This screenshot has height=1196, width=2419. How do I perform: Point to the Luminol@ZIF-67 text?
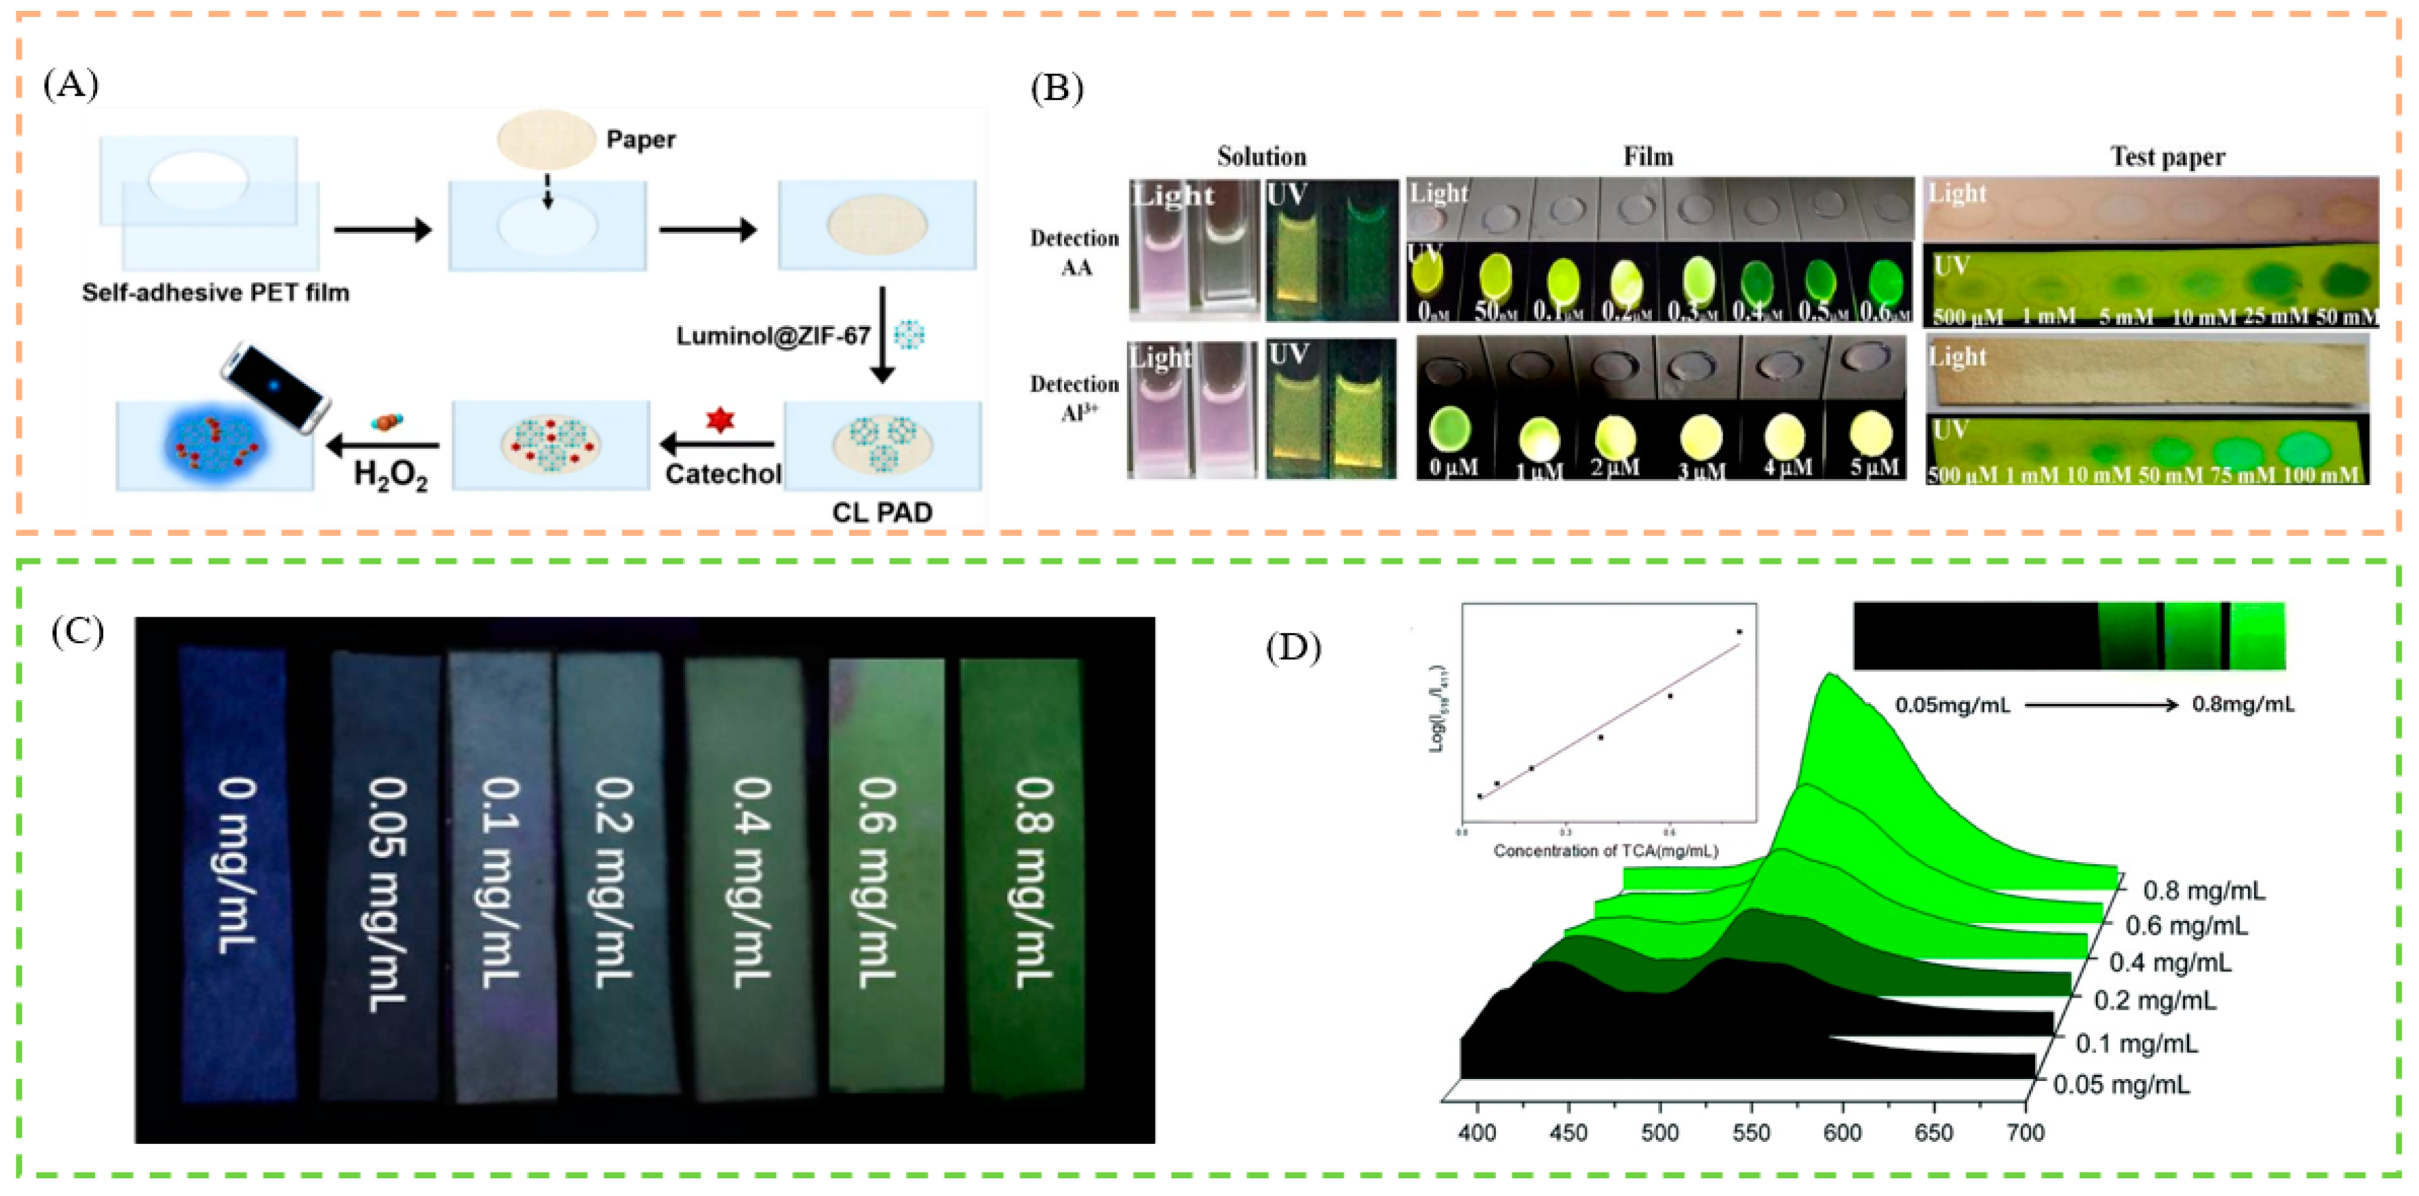[772, 336]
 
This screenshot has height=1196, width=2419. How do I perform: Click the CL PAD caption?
[882, 512]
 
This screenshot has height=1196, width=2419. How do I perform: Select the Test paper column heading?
[2167, 156]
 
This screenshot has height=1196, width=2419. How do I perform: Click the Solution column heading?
[1261, 156]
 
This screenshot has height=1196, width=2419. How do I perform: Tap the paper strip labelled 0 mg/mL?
[237, 873]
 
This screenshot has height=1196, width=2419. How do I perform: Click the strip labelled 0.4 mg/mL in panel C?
[749, 877]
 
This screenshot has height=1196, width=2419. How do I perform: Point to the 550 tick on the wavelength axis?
[1751, 1132]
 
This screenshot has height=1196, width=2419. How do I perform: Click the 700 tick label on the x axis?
[2026, 1132]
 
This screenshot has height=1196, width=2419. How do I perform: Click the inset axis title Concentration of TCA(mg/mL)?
[1606, 850]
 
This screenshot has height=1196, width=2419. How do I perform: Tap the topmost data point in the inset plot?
[1739, 632]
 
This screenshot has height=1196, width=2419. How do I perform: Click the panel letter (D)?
[1293, 648]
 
